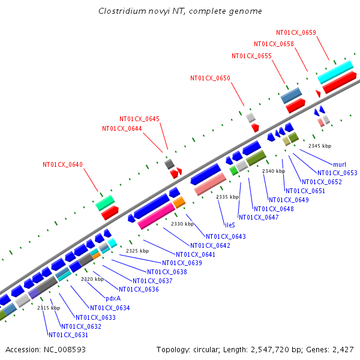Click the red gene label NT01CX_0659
coord(296,32)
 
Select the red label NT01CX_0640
coord(62,164)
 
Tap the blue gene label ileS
coord(230,225)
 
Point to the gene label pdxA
coord(113,298)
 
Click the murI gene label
coord(340,164)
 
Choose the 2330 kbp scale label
coord(182,224)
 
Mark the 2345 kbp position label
coord(320,146)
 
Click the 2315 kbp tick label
coord(49,308)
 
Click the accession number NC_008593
coord(65,350)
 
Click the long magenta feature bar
coord(157,216)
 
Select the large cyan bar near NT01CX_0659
coord(335,72)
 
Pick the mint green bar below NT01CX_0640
coord(105,203)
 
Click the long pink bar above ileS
coord(210,184)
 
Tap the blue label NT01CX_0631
coord(68,335)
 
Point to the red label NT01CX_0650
coord(210,78)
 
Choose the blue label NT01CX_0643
coord(226,236)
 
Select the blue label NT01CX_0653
coord(337,173)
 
